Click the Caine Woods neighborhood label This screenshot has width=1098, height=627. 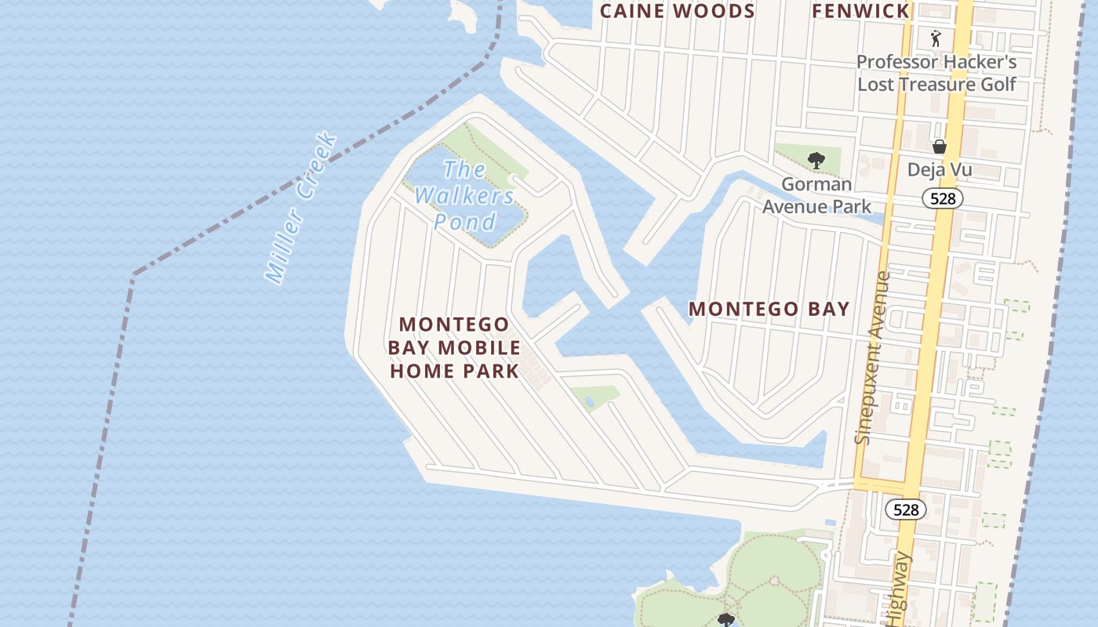click(x=677, y=11)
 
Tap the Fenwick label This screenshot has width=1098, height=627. click(x=860, y=11)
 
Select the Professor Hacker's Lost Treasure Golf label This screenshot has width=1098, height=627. click(x=936, y=73)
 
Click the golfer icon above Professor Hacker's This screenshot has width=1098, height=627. click(x=935, y=38)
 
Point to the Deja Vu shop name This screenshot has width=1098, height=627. click(x=939, y=169)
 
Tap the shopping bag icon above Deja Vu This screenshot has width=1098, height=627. click(x=939, y=147)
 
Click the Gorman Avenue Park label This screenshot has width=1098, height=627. click(x=816, y=195)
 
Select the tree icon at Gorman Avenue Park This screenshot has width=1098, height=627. click(x=816, y=161)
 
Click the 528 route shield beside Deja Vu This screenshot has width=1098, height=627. click(x=942, y=198)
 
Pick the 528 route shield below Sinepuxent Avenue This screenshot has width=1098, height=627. click(x=906, y=509)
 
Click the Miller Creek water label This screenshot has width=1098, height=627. click(x=301, y=208)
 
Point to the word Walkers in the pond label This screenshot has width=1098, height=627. click(x=464, y=195)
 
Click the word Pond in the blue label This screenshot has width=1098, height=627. click(x=465, y=222)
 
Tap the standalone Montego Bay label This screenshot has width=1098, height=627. click(x=769, y=309)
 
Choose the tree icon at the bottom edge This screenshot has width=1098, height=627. click(x=725, y=620)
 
